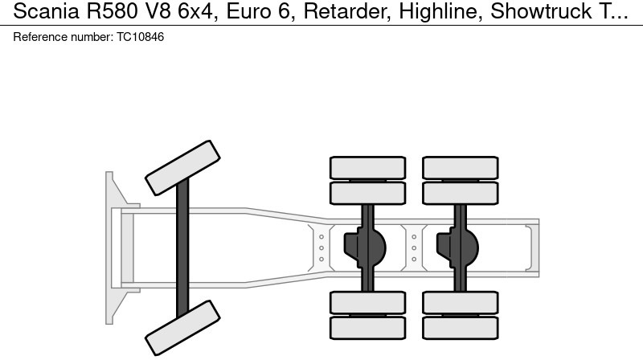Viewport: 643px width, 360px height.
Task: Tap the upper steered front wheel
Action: [182, 162]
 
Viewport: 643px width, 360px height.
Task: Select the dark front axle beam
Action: [182, 245]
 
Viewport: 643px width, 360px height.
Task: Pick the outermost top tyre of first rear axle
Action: [367, 167]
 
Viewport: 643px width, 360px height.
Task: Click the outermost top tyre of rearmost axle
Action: [461, 167]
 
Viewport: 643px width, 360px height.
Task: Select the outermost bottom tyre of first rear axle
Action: [367, 328]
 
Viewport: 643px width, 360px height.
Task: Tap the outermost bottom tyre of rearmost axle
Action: [461, 328]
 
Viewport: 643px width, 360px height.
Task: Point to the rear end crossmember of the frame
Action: [532, 247]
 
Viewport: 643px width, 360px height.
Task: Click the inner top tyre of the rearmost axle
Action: [461, 193]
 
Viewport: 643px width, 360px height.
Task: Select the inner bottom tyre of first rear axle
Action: [367, 302]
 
